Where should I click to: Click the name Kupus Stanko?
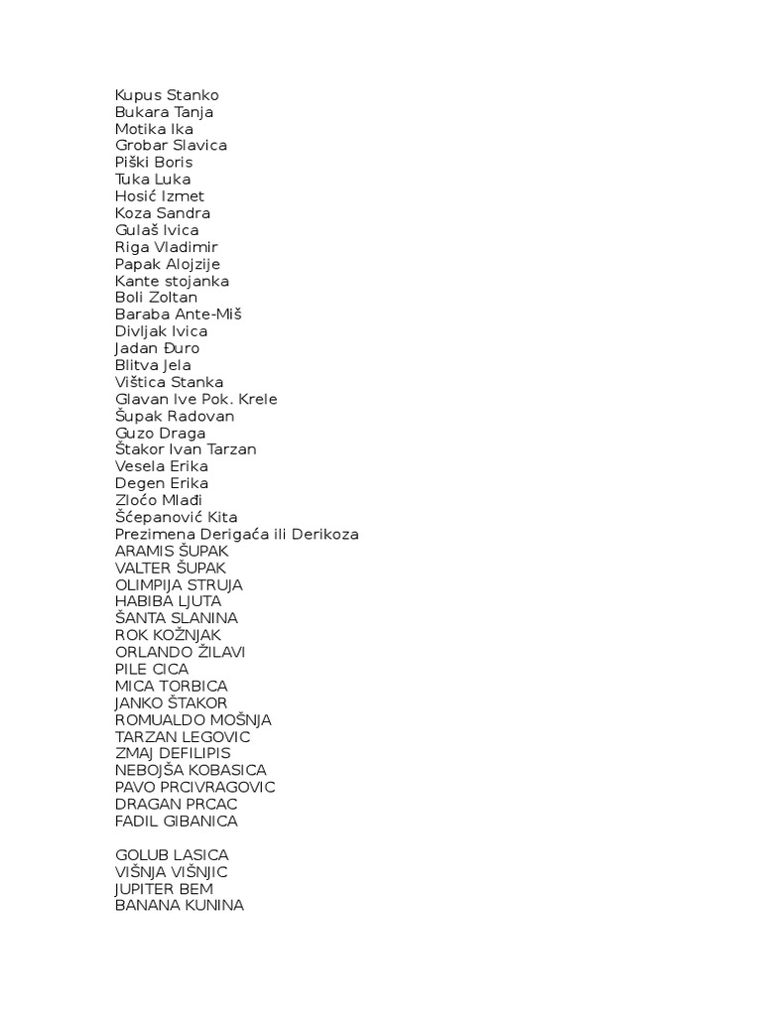click(x=167, y=95)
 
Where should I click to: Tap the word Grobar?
click(x=141, y=146)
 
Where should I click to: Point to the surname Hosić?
click(x=135, y=196)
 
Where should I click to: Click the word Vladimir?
click(x=185, y=247)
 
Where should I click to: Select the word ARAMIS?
click(x=145, y=551)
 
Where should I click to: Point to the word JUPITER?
click(x=147, y=888)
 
